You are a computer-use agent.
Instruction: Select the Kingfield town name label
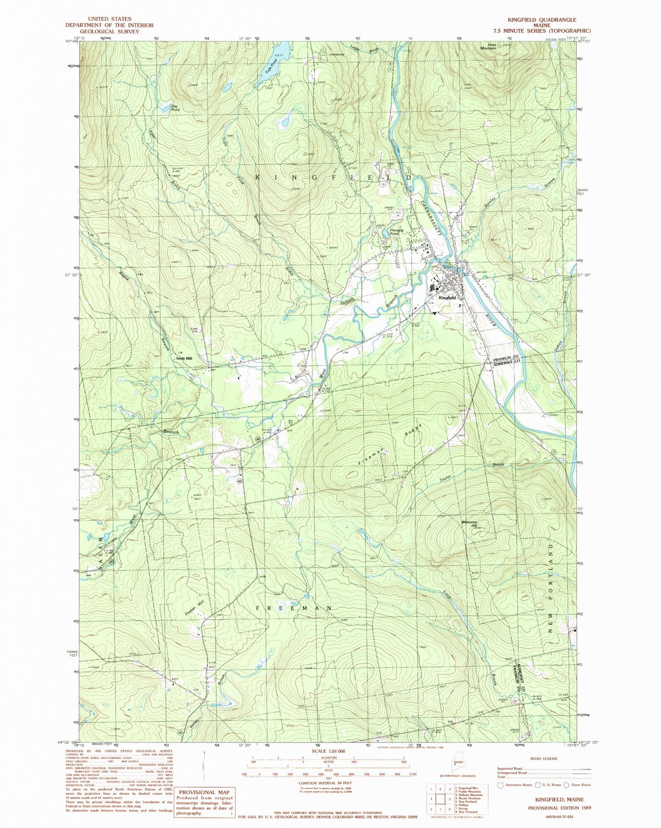click(447, 298)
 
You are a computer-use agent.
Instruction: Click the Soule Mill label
click(184, 359)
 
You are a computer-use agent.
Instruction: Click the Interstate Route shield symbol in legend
click(500, 785)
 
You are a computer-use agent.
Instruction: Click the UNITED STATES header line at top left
click(109, 19)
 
